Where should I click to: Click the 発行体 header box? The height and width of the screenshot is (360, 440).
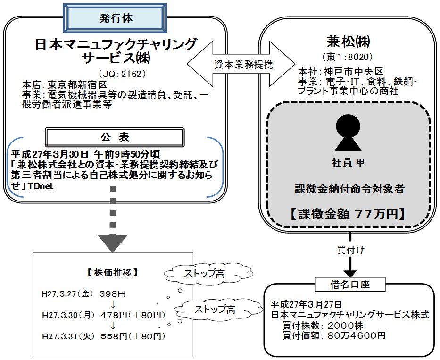116,18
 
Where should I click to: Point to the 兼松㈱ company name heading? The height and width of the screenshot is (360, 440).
348,42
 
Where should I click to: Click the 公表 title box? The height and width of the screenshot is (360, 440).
115,137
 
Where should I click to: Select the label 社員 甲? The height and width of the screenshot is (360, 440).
348,163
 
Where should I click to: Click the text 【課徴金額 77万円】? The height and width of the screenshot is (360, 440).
348,214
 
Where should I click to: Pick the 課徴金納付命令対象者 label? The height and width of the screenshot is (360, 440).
348,189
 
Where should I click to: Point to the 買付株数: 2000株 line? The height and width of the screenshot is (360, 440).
323,326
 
